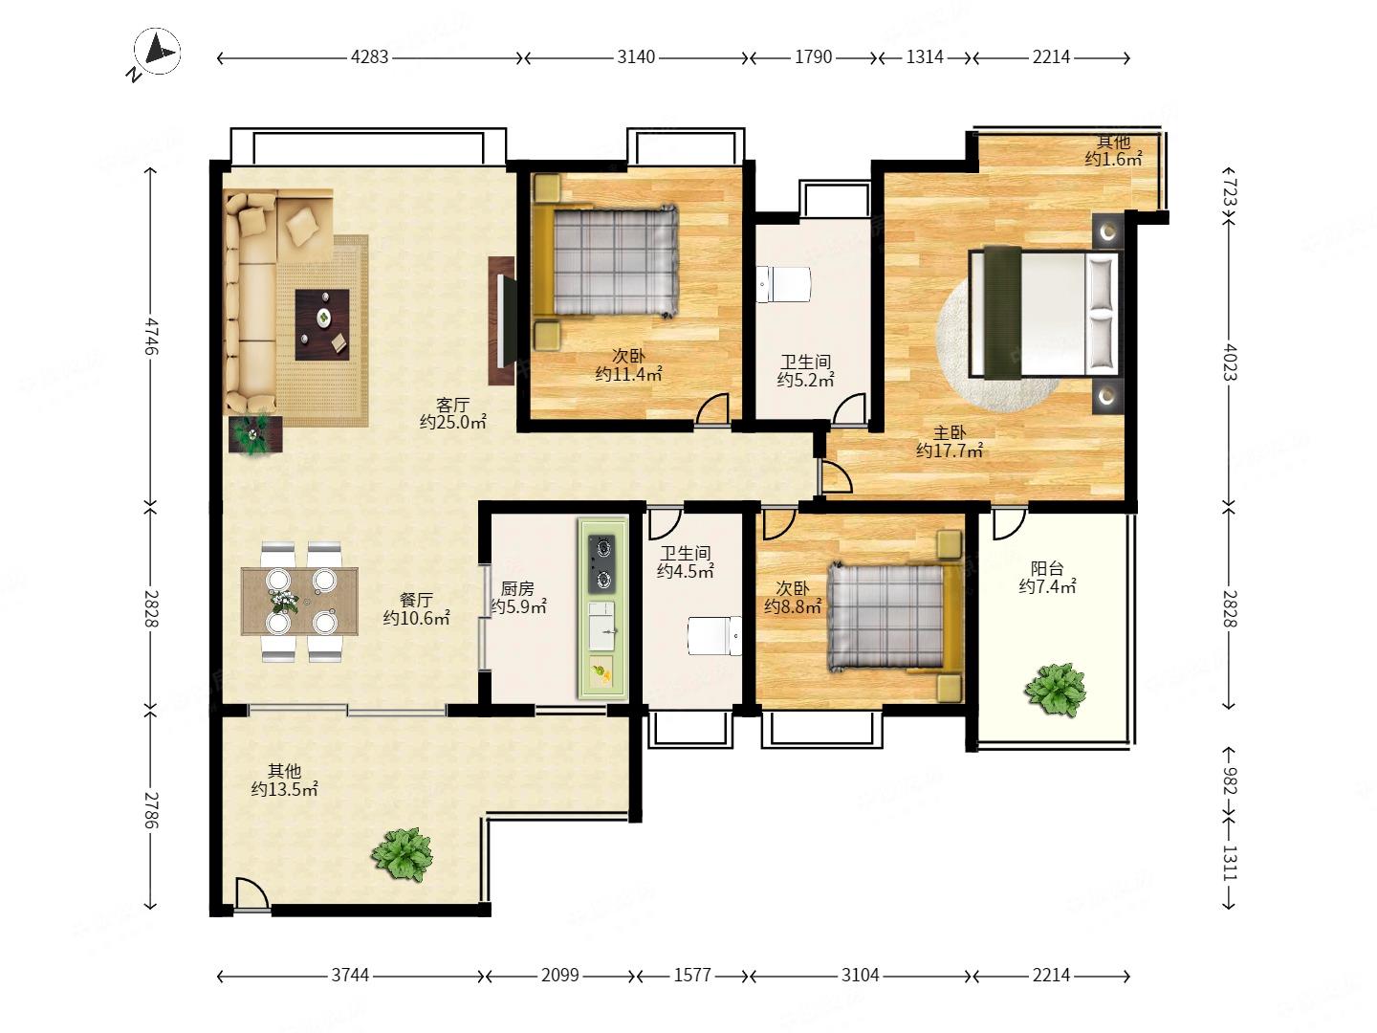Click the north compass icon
tap(156, 53)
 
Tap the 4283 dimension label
tap(369, 57)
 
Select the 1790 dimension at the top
tap(813, 57)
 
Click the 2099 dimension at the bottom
tap(559, 975)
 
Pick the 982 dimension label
tap(1230, 780)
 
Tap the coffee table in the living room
tap(322, 324)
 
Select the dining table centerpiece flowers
tap(283, 600)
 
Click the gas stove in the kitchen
tap(602, 564)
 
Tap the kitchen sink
tap(602, 626)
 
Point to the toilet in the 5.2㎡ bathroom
tap(783, 285)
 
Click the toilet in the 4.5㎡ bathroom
tap(715, 636)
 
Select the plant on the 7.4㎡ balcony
tap(1055, 690)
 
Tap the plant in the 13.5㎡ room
tap(403, 853)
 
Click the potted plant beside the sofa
tap(254, 434)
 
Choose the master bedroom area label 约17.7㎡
tap(950, 451)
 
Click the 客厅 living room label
tap(453, 405)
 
